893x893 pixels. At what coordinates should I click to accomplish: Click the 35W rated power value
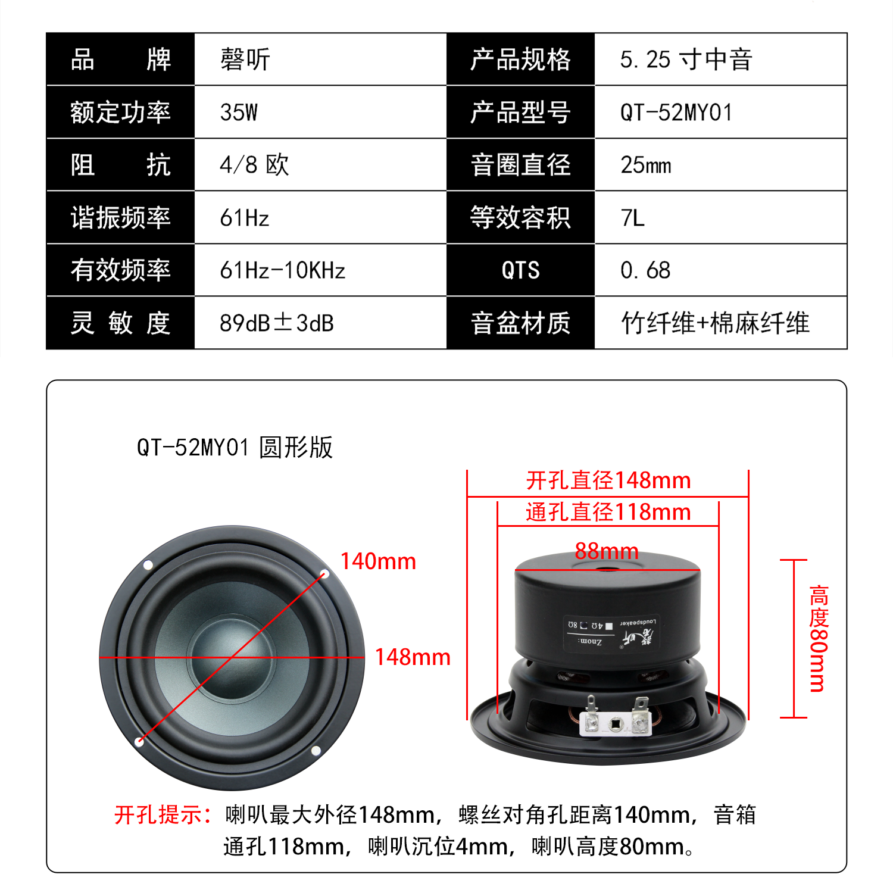pyautogui.click(x=239, y=112)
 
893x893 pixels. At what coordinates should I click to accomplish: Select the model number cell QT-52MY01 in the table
pyautogui.click(x=676, y=112)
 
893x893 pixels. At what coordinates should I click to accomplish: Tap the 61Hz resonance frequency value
pyautogui.click(x=245, y=218)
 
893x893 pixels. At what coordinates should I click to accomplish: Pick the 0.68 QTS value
pyautogui.click(x=645, y=270)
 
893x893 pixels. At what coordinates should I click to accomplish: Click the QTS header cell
pyautogui.click(x=520, y=270)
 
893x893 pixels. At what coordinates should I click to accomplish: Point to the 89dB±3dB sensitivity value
pyautogui.click(x=276, y=323)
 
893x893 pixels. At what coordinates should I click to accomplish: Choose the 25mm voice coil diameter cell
pyautogui.click(x=646, y=165)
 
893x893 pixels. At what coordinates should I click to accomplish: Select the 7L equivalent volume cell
pyautogui.click(x=632, y=218)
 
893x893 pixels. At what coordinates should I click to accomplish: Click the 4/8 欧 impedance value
pyautogui.click(x=254, y=165)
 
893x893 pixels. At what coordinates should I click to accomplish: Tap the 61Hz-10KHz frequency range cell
pyautogui.click(x=282, y=270)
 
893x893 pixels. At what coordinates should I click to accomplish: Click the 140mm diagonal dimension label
pyautogui.click(x=377, y=561)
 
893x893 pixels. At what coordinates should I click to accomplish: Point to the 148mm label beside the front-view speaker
pyautogui.click(x=412, y=657)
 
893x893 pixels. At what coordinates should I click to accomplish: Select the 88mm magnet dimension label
pyautogui.click(x=606, y=551)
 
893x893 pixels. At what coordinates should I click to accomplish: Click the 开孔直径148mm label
pyautogui.click(x=608, y=480)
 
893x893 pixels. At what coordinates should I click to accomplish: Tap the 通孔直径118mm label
pyautogui.click(x=608, y=512)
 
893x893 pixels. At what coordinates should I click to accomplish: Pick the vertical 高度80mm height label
pyautogui.click(x=819, y=638)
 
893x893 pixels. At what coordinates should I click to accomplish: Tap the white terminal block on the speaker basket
pyautogui.click(x=615, y=722)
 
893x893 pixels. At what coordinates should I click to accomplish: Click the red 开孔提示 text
pyautogui.click(x=162, y=814)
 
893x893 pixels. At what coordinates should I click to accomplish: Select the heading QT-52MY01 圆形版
pyautogui.click(x=235, y=447)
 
